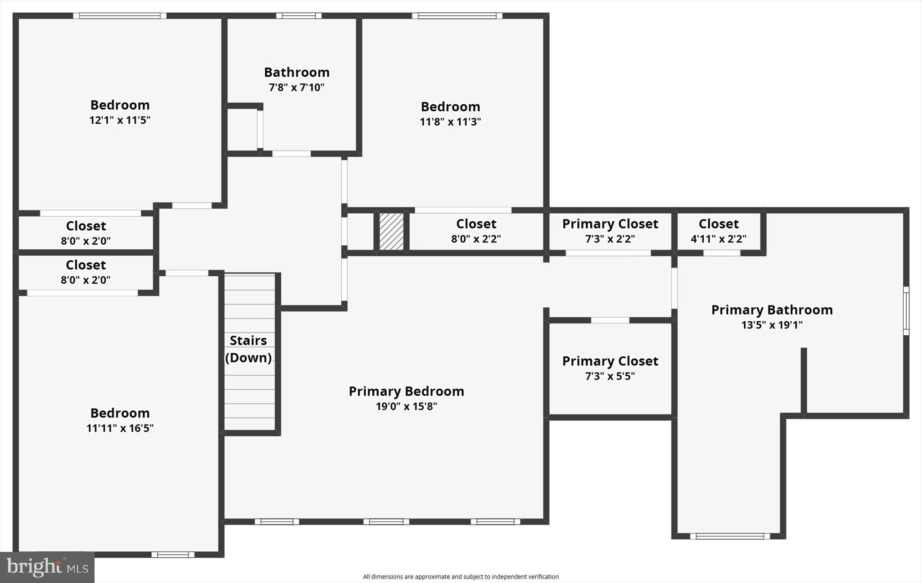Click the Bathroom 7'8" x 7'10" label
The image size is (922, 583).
tap(296, 79)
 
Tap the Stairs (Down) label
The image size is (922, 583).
tap(248, 349)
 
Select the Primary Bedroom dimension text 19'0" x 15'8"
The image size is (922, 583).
tap(406, 406)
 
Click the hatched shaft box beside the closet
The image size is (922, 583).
tap(391, 232)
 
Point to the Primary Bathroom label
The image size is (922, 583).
tap(772, 310)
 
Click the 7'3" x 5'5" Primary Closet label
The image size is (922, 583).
tap(610, 368)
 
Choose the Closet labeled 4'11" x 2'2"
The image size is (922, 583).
tap(719, 231)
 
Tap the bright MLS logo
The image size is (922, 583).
tap(47, 567)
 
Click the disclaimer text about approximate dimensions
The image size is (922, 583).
tap(461, 577)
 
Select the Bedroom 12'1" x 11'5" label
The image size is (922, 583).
tap(120, 112)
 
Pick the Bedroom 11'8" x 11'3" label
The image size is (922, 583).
tap(450, 114)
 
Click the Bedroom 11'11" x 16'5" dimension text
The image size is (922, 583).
tap(120, 428)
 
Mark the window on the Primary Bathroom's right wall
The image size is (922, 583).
tap(906, 311)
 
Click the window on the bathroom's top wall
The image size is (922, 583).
tap(298, 16)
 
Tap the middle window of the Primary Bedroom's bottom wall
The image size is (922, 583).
tap(386, 522)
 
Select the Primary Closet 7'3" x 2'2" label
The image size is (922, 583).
tap(610, 231)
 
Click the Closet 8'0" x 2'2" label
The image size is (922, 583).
tap(476, 231)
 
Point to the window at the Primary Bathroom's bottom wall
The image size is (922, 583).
tap(729, 536)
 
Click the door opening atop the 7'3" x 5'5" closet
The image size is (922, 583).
tap(610, 320)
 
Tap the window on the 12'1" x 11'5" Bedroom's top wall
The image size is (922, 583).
tap(120, 16)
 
